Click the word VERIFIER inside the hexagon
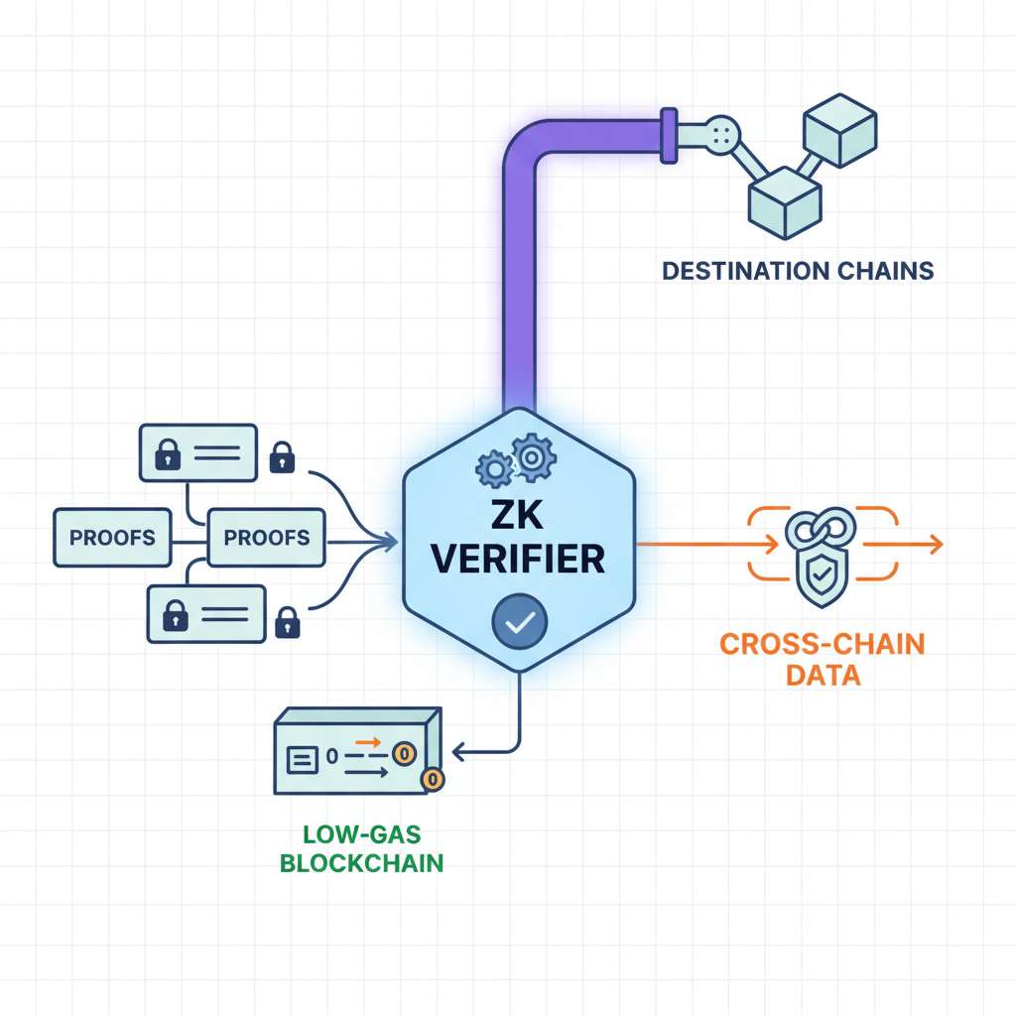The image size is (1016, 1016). [x=519, y=559]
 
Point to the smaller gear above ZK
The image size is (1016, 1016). [x=493, y=468]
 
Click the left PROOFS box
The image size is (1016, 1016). [x=112, y=538]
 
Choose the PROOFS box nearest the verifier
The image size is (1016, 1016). [x=267, y=538]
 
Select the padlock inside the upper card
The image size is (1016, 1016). [x=167, y=454]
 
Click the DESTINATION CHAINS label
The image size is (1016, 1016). [x=798, y=270]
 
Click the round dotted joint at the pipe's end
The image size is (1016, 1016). [x=722, y=133]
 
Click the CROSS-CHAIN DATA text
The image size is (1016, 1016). [x=822, y=660]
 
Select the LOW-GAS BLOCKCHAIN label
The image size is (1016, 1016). [x=361, y=849]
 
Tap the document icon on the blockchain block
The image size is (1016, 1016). [x=302, y=759]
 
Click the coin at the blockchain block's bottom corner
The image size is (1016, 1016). [x=432, y=780]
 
